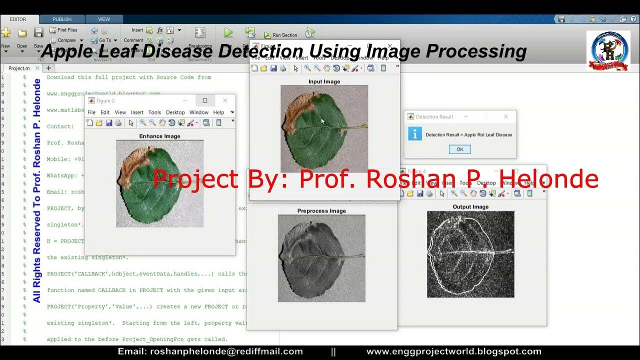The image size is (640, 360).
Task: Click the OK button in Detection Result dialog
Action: tap(459, 149)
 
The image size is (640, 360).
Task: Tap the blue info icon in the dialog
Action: tap(415, 134)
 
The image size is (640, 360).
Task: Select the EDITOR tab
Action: tap(18, 19)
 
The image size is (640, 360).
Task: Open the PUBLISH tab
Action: tap(62, 19)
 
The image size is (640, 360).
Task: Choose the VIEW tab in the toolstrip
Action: tap(104, 19)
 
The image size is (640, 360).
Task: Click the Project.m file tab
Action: tap(19, 68)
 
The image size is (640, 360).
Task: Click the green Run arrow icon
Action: tap(228, 33)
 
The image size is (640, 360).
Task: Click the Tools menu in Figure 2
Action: tap(154, 112)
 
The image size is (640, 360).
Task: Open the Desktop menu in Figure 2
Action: tap(175, 112)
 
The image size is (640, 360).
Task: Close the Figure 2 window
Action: tap(225, 100)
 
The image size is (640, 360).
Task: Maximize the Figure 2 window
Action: tap(204, 100)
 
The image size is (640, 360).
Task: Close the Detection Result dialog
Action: tap(505, 116)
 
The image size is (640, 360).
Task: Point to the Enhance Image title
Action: tap(159, 136)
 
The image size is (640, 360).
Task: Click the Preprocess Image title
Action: tap(321, 211)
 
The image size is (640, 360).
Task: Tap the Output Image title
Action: tap(470, 207)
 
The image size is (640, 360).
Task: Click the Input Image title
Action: tap(324, 81)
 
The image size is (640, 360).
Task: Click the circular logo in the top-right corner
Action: tap(609, 50)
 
